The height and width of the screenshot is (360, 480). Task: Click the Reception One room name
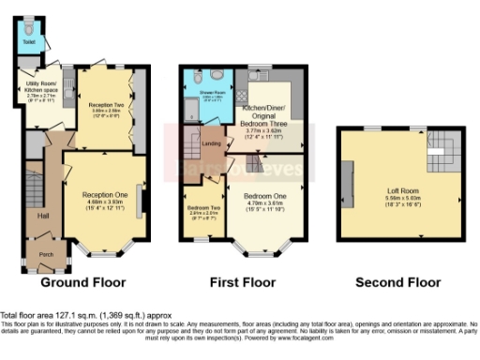(104, 193)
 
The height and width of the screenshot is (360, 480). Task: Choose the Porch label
(44, 253)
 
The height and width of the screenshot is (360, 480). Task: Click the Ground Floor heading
(84, 281)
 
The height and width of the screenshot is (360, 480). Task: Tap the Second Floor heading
(397, 281)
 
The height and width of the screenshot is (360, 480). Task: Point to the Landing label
(212, 144)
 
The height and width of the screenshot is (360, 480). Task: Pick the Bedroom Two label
(202, 206)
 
